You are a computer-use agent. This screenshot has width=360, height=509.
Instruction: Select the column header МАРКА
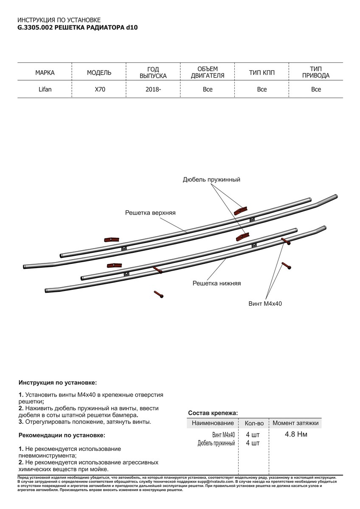45,73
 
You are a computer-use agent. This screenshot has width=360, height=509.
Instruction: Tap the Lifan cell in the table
45,89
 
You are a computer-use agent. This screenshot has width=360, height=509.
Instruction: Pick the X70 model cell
99,89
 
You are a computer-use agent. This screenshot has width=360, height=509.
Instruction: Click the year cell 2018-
153,89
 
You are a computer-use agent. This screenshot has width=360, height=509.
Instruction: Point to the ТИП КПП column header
262,73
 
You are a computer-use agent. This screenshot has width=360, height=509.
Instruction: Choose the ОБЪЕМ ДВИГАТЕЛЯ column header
208,73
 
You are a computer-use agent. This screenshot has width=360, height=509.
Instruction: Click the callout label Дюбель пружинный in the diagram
211,180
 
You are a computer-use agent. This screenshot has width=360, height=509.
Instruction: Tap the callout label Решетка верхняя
150,212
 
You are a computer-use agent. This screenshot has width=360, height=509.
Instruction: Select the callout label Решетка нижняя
217,283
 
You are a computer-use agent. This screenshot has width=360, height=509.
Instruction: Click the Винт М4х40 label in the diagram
265,304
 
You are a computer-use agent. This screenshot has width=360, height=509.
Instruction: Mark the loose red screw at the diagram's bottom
159,294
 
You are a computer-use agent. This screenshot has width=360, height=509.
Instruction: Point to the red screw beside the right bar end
287,266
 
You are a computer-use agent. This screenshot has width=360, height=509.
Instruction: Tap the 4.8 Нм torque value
296,434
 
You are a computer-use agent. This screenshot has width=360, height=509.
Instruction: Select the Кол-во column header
254,423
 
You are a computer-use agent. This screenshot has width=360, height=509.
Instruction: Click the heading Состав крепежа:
212,413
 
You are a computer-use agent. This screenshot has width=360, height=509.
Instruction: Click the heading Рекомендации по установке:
61,436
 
